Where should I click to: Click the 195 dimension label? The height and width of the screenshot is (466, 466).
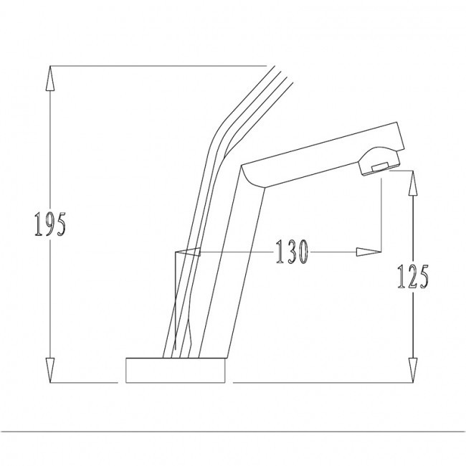[50, 224]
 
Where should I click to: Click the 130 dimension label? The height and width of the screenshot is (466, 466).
[292, 252]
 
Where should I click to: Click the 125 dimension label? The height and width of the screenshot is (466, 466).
[413, 277]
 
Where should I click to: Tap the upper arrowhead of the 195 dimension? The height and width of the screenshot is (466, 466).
[50, 78]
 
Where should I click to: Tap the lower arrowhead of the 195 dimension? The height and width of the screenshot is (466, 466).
[50, 370]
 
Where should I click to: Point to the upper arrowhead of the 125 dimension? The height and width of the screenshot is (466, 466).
[412, 183]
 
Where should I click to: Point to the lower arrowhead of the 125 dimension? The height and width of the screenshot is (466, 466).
[412, 370]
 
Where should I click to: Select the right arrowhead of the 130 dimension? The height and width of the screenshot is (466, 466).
[368, 252]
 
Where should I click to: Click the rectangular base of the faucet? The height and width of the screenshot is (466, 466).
[176, 370]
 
